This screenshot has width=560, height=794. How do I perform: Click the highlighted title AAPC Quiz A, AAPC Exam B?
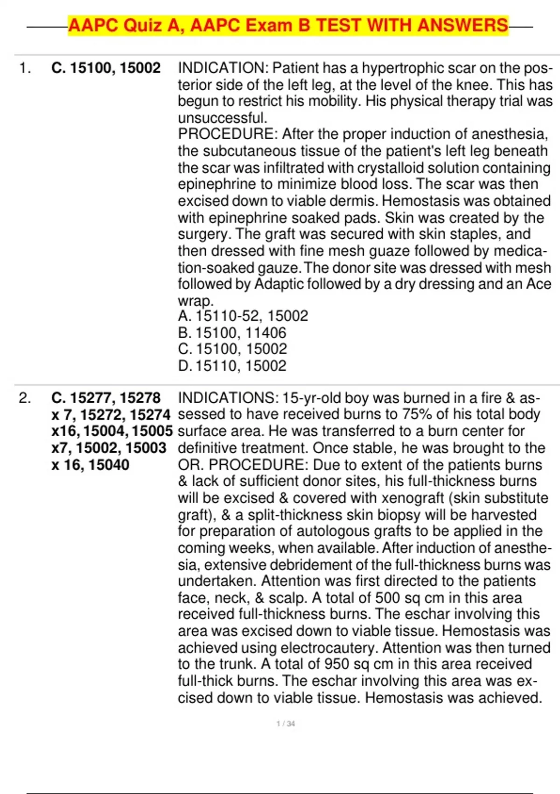click(288, 25)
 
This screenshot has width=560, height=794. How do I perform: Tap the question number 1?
click(25, 68)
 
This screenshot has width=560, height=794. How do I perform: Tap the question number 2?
click(25, 398)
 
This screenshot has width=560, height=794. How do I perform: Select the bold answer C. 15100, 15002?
click(106, 68)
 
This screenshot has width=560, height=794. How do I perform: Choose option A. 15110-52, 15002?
click(243, 316)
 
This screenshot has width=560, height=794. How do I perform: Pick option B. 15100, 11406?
click(232, 333)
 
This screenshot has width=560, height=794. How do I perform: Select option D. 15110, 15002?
click(232, 366)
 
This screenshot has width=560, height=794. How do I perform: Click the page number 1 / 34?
click(286, 723)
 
